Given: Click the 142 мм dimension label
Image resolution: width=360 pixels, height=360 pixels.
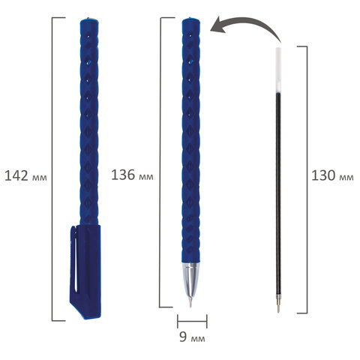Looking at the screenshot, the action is [x=25, y=175].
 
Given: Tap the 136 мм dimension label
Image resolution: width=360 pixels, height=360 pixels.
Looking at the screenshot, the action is [x=132, y=175].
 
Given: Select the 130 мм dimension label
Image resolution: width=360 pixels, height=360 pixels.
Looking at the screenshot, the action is [x=332, y=175].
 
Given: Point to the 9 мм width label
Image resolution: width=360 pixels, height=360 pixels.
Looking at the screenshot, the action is [x=192, y=337].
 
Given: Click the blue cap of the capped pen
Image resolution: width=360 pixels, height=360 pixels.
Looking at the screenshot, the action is [x=85, y=271].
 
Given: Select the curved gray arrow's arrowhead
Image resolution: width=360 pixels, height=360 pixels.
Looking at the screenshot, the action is [x=218, y=26].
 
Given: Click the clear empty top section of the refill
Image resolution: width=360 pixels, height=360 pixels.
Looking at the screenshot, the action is [x=278, y=70].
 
